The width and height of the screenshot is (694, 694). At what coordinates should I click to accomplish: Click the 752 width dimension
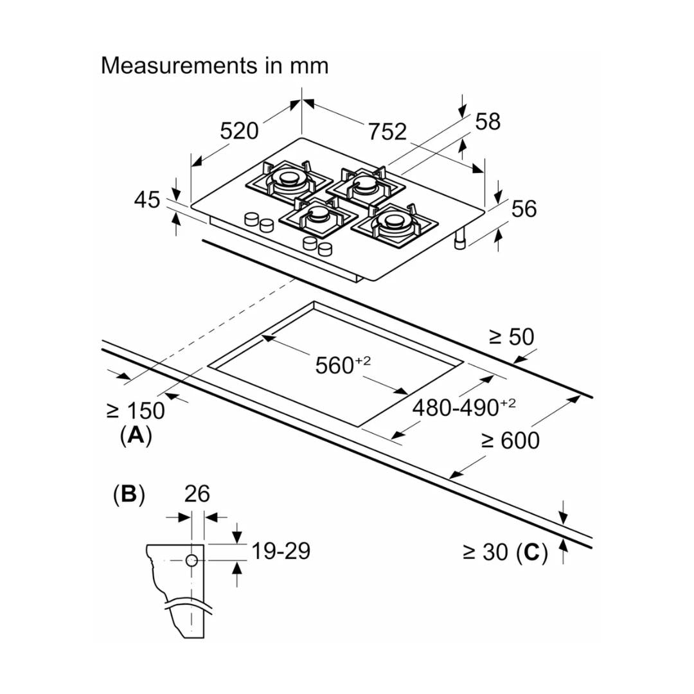point(387,131)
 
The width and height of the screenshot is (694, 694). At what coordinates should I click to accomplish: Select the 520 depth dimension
point(239,130)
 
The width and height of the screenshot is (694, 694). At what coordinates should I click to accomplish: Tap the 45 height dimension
point(147,200)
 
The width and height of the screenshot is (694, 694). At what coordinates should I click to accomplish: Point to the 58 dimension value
point(488,121)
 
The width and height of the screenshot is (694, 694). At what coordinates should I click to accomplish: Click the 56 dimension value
point(524,209)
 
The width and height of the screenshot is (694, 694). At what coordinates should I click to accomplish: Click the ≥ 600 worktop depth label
point(510,440)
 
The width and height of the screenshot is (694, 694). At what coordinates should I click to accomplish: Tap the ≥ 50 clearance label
point(512,337)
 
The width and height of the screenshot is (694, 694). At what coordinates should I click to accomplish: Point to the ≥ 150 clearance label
point(135,410)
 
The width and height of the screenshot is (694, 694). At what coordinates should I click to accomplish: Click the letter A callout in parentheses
point(136,436)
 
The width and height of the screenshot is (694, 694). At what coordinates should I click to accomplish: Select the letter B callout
point(129,494)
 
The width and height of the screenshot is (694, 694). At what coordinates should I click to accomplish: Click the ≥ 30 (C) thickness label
point(505,551)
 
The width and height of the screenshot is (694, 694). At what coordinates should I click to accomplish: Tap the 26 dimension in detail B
point(197,494)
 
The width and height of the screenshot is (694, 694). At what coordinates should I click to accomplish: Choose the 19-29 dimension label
point(280,551)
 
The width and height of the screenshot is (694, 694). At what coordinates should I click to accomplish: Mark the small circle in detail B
point(191,560)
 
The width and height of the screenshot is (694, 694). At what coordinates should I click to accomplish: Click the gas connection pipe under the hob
point(461,240)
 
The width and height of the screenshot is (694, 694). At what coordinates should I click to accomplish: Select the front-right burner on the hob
point(393,224)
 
